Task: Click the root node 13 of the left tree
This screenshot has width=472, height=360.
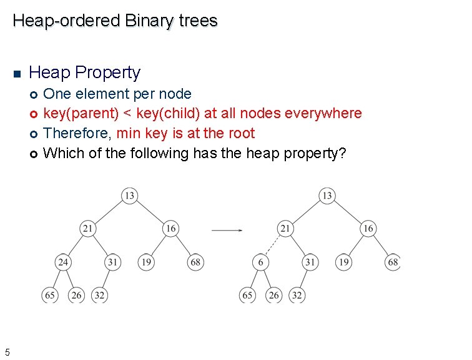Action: pos(129,196)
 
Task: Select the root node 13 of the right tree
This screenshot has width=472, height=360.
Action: pos(327,196)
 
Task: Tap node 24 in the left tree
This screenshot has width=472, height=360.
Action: pos(62,262)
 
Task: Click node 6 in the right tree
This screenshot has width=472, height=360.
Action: pos(260,262)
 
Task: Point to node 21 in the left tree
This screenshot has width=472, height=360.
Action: pos(88,229)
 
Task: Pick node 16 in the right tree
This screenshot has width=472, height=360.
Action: pos(368,229)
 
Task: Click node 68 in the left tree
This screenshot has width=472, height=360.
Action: pos(195,262)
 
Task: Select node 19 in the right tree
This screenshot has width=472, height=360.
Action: pos(343,262)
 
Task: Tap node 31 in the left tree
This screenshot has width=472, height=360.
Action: pos(112,262)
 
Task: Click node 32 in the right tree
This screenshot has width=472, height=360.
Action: pos(297,295)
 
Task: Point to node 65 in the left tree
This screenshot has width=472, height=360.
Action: pos(49,295)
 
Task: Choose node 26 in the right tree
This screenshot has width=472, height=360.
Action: pos(273,295)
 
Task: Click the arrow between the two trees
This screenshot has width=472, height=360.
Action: pos(227,230)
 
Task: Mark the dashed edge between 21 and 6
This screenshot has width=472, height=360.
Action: pos(272,246)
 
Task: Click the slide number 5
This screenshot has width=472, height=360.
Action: pos(7,352)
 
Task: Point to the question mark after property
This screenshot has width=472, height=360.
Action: pos(341,153)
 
